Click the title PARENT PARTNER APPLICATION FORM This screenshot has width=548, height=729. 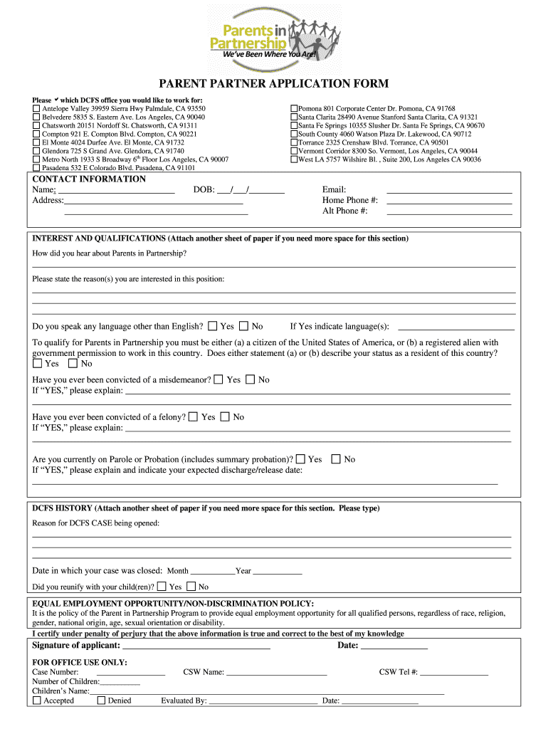[x=273, y=84]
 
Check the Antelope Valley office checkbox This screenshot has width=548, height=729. [x=37, y=109]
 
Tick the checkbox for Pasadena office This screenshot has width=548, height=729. [x=37, y=169]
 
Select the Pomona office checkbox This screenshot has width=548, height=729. [x=294, y=109]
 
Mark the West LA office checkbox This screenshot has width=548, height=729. [x=294, y=159]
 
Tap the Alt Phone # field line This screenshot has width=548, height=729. [x=448, y=212]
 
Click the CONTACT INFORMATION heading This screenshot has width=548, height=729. [x=89, y=179]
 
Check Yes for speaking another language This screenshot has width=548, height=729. [x=213, y=326]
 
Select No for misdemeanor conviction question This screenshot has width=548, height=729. [x=251, y=379]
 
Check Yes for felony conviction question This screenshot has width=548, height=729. [x=194, y=416]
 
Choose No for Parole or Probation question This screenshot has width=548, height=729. [x=337, y=459]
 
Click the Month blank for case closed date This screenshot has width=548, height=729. [x=213, y=572]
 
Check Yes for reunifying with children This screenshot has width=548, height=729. [x=162, y=587]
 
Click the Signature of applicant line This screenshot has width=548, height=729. [x=196, y=646]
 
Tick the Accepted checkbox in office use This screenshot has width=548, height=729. [x=37, y=701]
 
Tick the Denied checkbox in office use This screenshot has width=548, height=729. [x=101, y=701]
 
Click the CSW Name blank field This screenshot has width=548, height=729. [x=277, y=672]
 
